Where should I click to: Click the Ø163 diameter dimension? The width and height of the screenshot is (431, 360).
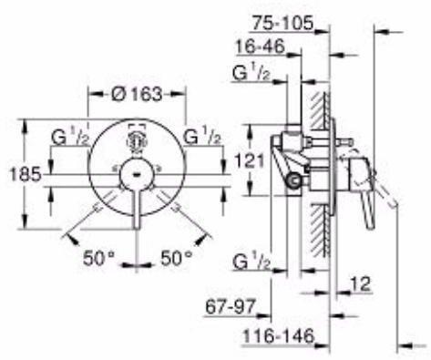tap(137, 94)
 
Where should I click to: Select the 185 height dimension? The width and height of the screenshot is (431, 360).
tap(26, 175)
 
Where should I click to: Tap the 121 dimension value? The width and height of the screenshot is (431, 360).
tap(250, 160)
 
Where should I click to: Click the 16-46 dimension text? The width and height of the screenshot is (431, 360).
tap(261, 46)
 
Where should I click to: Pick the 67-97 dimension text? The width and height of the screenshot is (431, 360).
tap(231, 306)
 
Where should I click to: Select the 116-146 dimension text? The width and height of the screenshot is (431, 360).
tap(278, 336)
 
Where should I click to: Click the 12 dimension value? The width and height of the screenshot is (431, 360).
tap(361, 284)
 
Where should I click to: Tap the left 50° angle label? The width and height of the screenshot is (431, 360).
tap(99, 258)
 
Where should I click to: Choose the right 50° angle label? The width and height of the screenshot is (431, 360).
tap(177, 258)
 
